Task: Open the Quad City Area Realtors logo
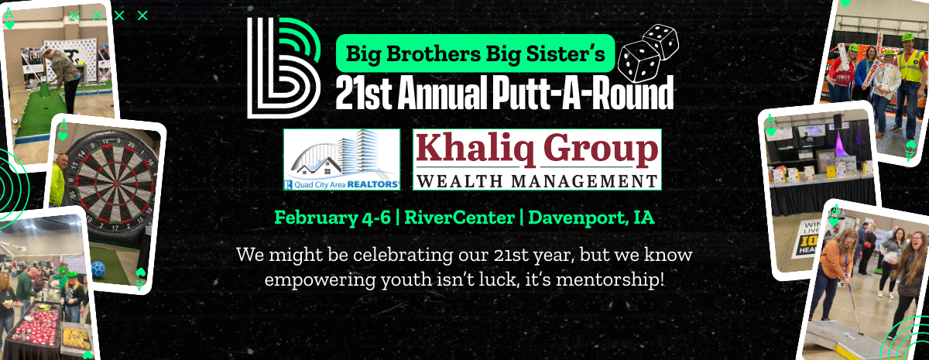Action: pos(341,159)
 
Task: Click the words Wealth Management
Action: pos(537,181)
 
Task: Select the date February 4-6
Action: pos(332,218)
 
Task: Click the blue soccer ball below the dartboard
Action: pos(98,270)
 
